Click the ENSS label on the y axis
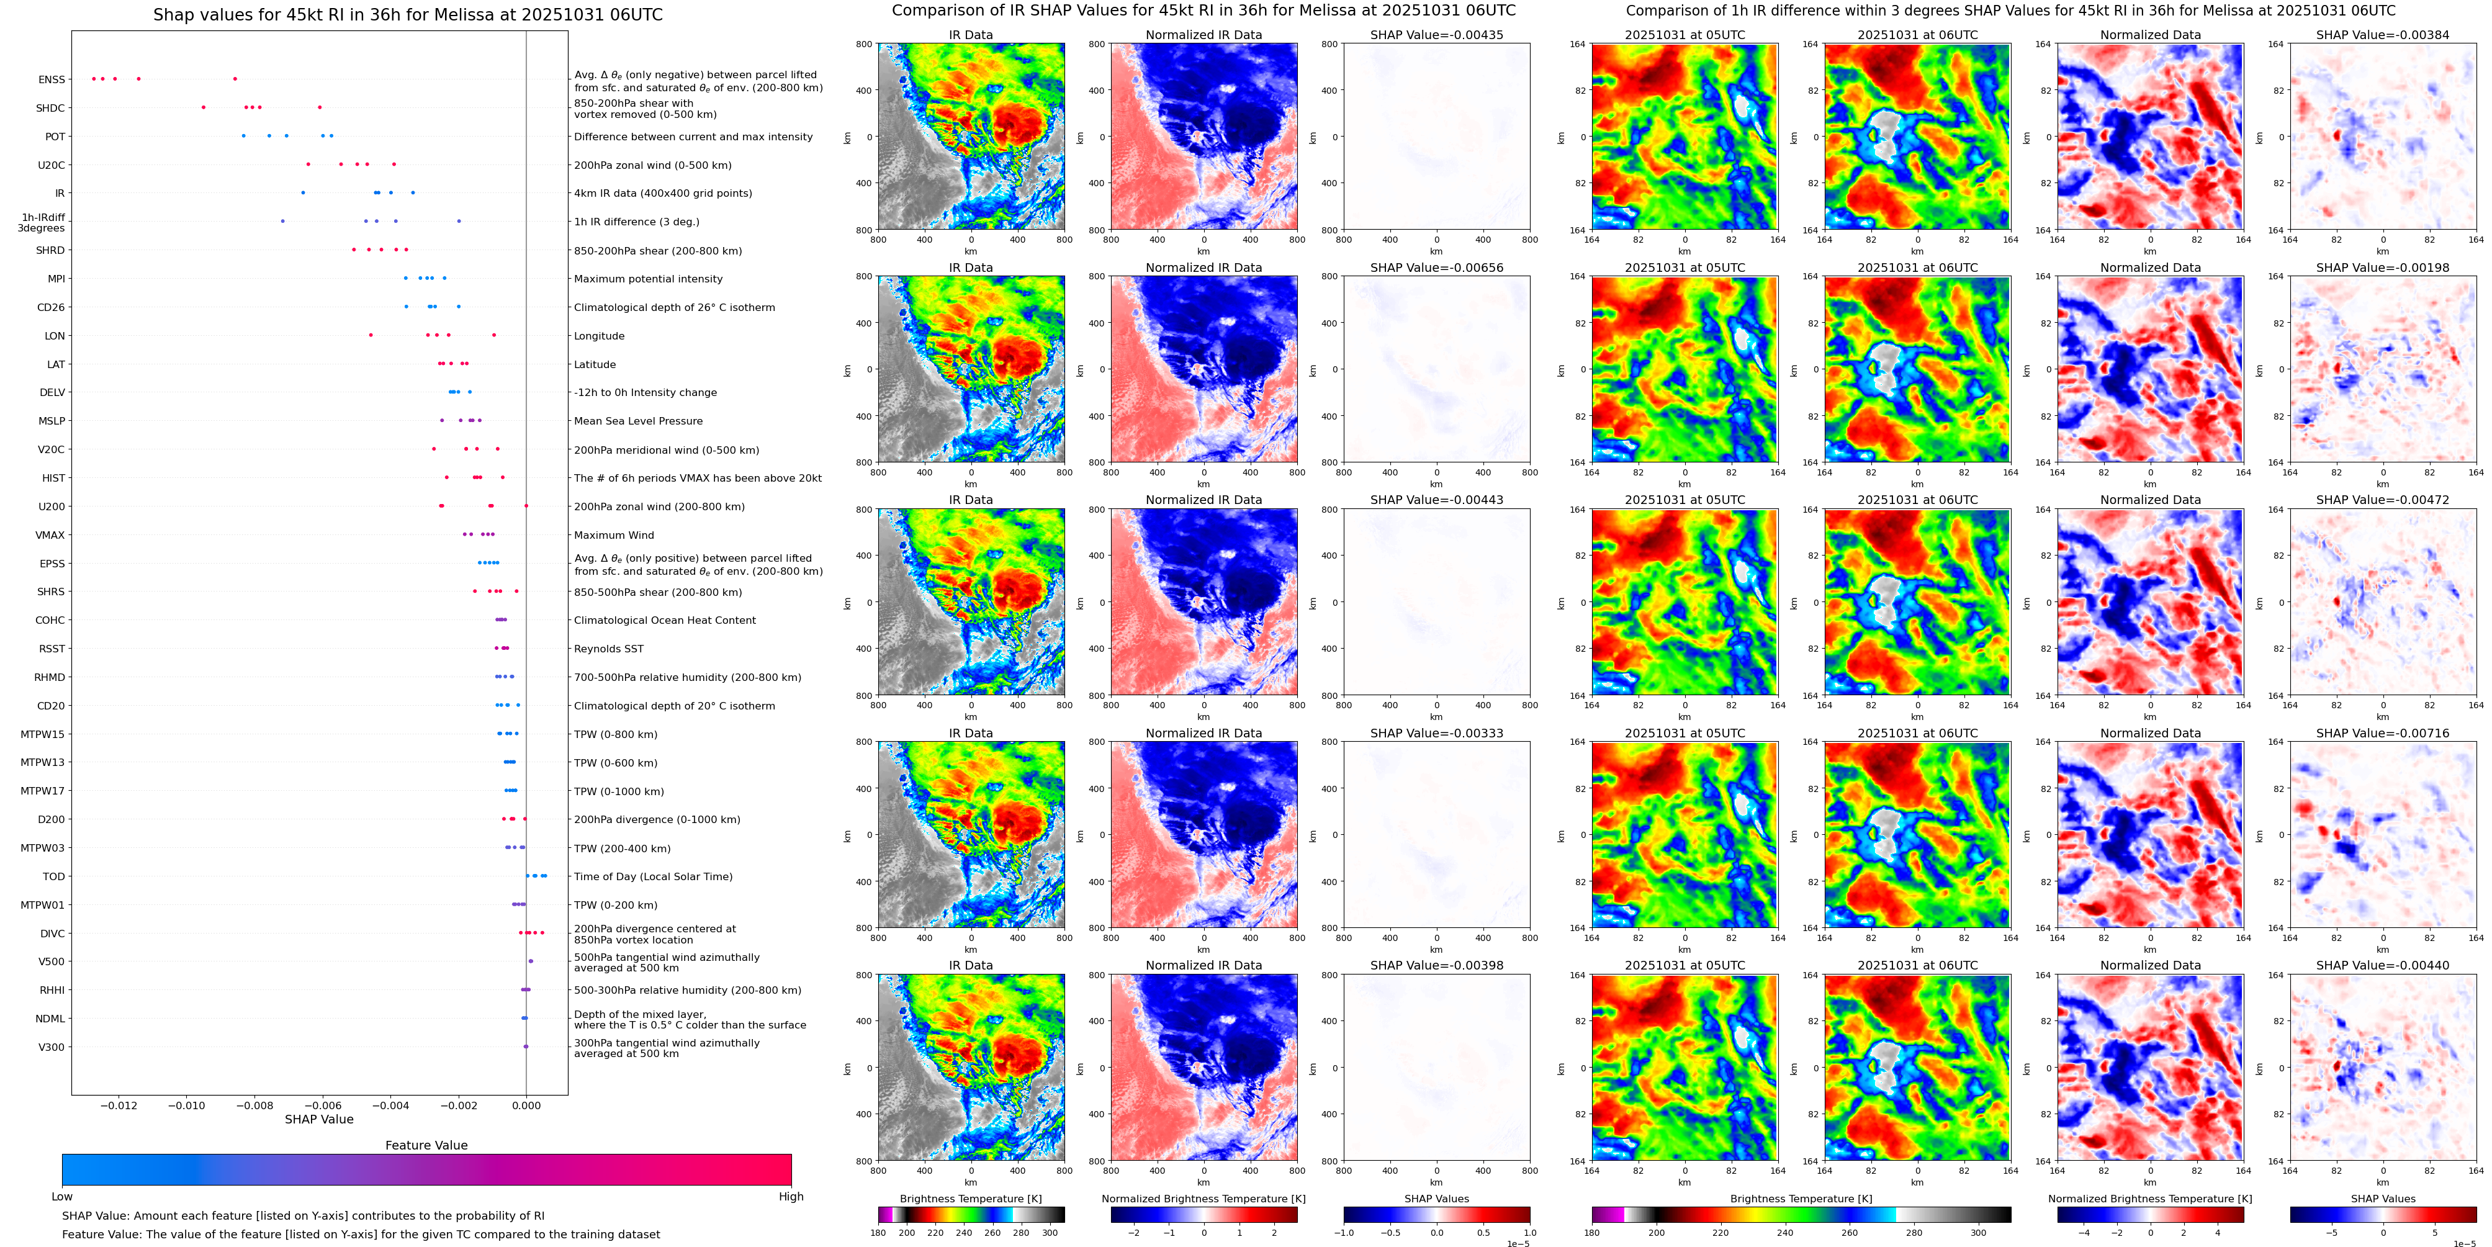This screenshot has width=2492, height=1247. tap(52, 80)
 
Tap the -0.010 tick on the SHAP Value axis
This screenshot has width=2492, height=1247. tap(187, 1105)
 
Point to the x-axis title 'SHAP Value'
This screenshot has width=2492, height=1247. tap(318, 1119)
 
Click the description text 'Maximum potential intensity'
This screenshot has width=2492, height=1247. tap(648, 279)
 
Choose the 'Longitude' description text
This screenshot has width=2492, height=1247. tap(599, 336)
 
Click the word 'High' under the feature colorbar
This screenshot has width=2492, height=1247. tap(790, 1197)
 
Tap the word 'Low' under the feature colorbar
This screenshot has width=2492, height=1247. tap(62, 1197)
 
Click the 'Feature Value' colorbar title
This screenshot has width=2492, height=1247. tap(426, 1145)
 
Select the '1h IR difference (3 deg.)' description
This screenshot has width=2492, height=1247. tap(637, 222)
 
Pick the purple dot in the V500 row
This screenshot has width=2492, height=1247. tap(530, 961)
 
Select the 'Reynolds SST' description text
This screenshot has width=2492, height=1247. tap(608, 649)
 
